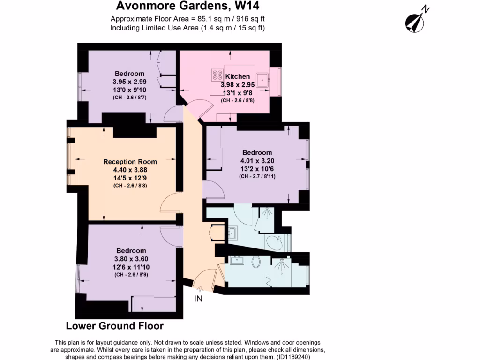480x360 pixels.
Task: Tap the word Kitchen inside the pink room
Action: pyautogui.click(x=238, y=76)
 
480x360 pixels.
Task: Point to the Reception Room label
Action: pyautogui.click(x=130, y=162)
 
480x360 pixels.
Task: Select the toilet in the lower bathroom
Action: pyautogui.click(x=256, y=262)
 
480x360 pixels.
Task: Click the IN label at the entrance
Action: pyautogui.click(x=198, y=299)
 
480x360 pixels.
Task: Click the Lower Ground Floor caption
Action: pyautogui.click(x=114, y=326)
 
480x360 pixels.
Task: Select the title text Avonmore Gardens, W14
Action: pyautogui.click(x=187, y=7)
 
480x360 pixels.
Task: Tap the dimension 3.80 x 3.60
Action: pyautogui.click(x=131, y=259)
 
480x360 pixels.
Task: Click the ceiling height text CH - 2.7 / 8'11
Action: pyautogui.click(x=257, y=177)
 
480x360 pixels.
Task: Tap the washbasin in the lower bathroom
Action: pyautogui.click(x=235, y=261)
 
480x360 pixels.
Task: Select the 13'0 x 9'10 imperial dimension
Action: pyautogui.click(x=130, y=90)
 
